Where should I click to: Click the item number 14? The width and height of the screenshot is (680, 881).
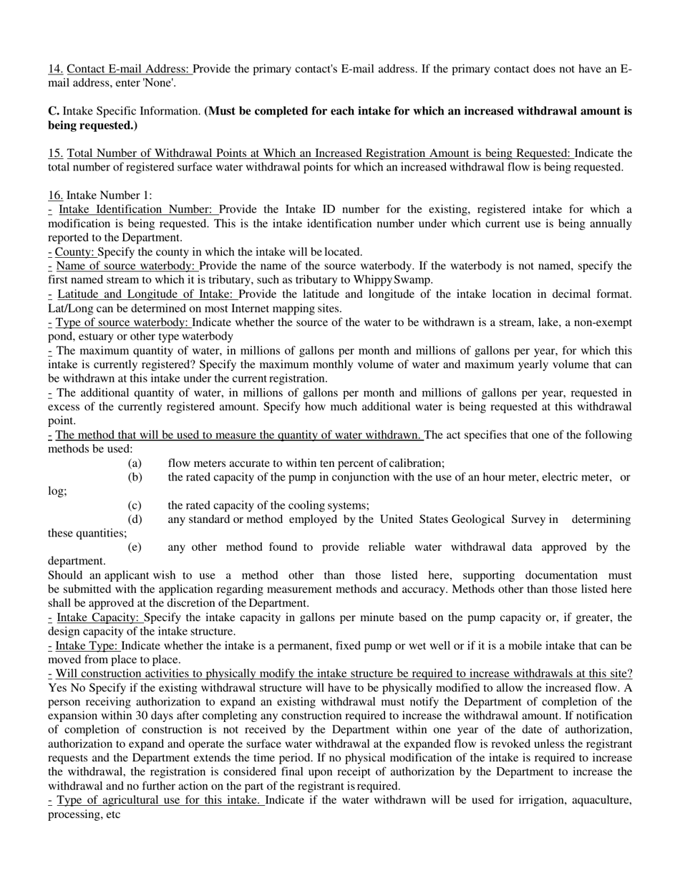55,69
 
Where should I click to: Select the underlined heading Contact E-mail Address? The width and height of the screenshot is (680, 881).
129,69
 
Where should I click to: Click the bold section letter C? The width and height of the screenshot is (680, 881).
54,111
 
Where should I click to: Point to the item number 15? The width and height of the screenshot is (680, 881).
55,153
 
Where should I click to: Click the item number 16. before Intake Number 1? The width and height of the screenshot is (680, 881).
55,196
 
